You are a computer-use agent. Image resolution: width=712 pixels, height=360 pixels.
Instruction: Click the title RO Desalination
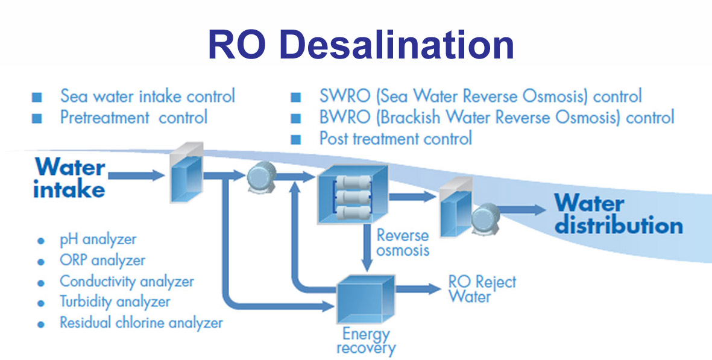click(x=360, y=44)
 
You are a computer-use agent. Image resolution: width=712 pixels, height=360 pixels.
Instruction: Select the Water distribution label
click(x=618, y=214)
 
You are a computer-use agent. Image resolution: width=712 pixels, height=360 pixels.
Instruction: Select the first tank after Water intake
click(x=186, y=175)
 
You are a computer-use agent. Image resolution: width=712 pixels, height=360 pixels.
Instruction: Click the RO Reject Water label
click(x=482, y=289)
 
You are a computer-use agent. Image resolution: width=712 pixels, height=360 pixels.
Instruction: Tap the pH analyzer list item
click(x=98, y=239)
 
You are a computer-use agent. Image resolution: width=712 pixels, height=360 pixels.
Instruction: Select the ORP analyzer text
click(x=102, y=261)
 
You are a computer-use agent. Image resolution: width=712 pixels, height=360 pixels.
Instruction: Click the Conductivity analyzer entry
click(x=127, y=281)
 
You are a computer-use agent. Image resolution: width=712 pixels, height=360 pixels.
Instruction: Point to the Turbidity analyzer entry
click(x=115, y=302)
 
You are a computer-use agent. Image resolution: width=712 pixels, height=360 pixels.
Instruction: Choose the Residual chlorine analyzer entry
click(x=140, y=323)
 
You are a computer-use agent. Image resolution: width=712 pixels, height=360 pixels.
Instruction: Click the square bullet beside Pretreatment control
click(x=37, y=118)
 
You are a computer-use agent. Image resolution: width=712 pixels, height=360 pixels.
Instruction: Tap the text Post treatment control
click(x=395, y=139)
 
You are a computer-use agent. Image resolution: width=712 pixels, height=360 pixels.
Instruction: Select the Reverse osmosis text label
click(x=402, y=242)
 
